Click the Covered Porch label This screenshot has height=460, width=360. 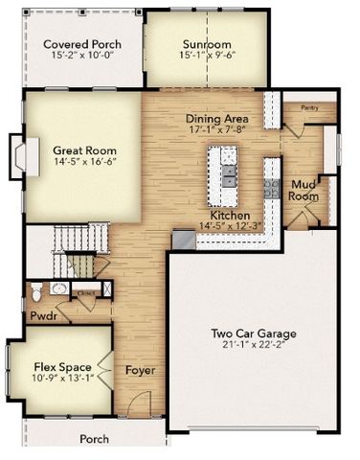coord(81,43)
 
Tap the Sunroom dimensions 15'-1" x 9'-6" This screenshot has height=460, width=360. coord(208,56)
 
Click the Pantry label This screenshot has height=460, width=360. coord(308,108)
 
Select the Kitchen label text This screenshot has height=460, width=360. coord(230,217)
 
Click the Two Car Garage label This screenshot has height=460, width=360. coord(255,333)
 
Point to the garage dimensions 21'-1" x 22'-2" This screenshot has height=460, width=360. coord(255,346)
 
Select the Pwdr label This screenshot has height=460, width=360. coord(43,314)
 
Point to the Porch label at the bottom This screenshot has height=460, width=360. coord(94,439)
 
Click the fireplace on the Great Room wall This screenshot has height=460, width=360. coord(16,153)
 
